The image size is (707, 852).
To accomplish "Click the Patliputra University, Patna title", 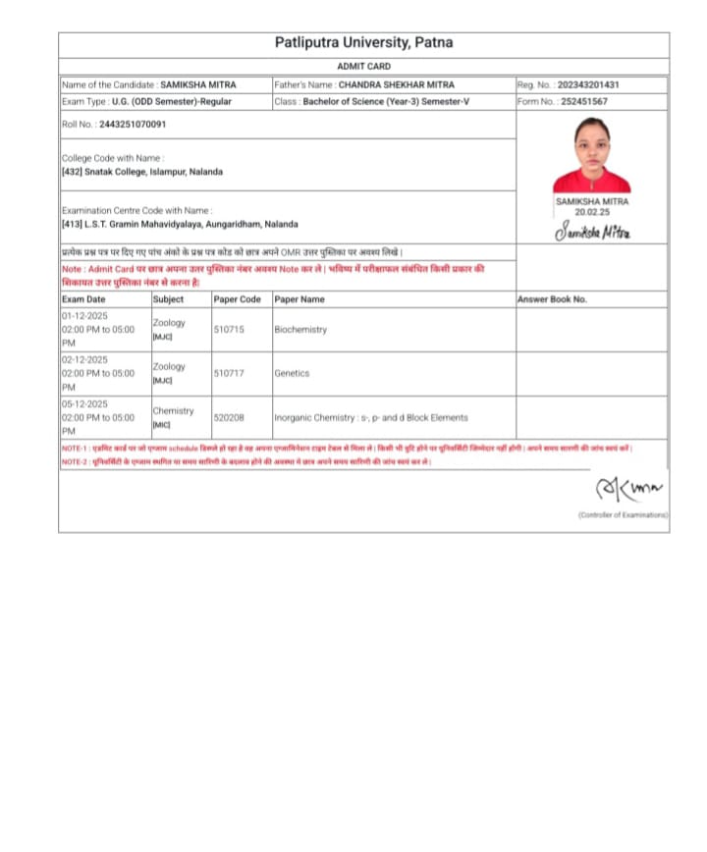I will [363, 43].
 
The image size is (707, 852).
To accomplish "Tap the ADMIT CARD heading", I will [363, 66].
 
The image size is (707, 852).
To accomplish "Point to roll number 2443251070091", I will [133, 125].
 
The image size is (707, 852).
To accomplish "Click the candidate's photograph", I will [591, 155].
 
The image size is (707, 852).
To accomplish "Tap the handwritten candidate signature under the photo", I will [592, 232].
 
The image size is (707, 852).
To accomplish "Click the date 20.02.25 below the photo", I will [592, 211].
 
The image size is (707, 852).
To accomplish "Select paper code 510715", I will [229, 330].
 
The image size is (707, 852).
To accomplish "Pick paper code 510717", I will [229, 373].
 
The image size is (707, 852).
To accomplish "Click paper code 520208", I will [229, 417].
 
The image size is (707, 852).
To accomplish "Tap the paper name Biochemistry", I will [300, 330].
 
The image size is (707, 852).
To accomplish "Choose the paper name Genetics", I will [292, 373].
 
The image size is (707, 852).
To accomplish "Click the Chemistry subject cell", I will [173, 411].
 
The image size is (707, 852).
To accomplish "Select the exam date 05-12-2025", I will [84, 403].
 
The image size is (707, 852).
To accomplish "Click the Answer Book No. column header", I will [552, 298].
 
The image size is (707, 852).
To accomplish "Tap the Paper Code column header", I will [238, 298].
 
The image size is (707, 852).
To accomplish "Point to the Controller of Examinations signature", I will [629, 488].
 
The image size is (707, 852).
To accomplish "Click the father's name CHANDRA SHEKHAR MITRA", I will [397, 84].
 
